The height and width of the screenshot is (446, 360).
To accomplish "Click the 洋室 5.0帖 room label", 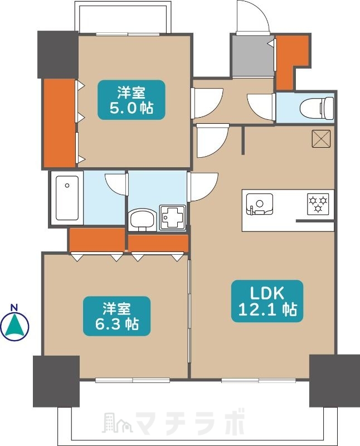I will [132, 100].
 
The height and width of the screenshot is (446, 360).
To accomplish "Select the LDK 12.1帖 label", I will [267, 301].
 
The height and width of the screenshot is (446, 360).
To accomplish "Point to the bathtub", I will [66, 198].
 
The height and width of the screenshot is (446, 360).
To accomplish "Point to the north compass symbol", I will [15, 327].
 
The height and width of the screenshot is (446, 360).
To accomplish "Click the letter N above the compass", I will [15, 307].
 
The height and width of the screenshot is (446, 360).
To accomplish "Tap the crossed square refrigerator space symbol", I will [322, 139].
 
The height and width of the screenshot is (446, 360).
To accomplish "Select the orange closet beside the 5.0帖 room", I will [59, 123].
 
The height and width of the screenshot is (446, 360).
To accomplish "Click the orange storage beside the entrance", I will [290, 59].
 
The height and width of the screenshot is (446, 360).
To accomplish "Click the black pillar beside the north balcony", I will [57, 54].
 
